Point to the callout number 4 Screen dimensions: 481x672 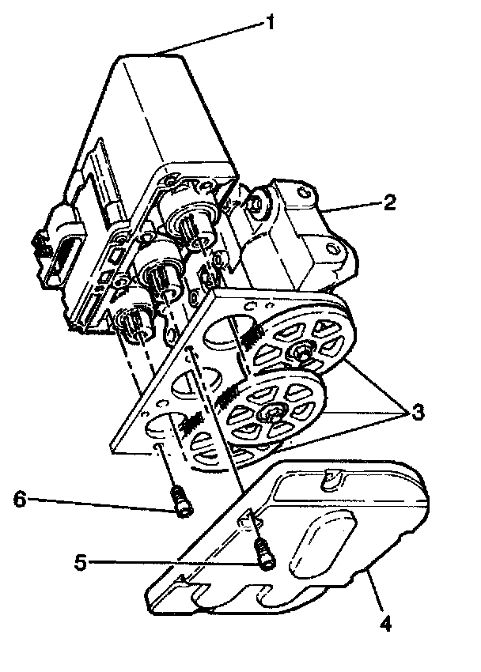coord(385,625)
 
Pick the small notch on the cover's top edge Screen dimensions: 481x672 coord(332,478)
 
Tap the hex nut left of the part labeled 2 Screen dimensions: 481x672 coord(256,202)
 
